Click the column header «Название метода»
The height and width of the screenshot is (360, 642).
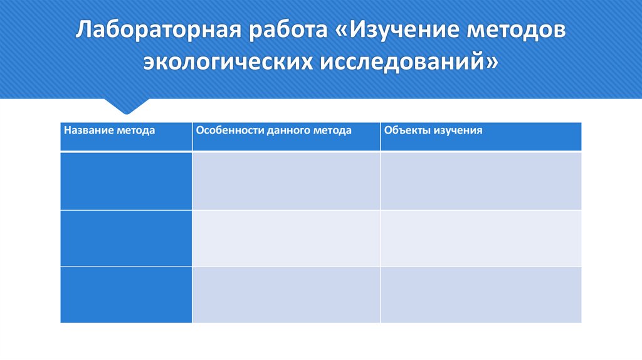[109, 130]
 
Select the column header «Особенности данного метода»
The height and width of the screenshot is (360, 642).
[273, 130]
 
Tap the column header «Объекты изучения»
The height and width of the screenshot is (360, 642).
[433, 130]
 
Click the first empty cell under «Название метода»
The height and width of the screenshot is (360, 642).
[126, 181]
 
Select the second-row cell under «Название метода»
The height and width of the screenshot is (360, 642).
[126, 238]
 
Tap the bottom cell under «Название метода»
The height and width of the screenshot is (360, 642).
[126, 295]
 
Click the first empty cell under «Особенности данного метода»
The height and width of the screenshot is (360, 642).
[286, 181]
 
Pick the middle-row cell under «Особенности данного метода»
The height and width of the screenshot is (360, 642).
[286, 238]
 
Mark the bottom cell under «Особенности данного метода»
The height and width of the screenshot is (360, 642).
[286, 295]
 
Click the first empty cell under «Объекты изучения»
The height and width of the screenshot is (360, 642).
[481, 181]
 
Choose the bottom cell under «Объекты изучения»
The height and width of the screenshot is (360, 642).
[481, 295]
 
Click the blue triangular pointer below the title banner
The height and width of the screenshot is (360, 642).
[127, 105]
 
